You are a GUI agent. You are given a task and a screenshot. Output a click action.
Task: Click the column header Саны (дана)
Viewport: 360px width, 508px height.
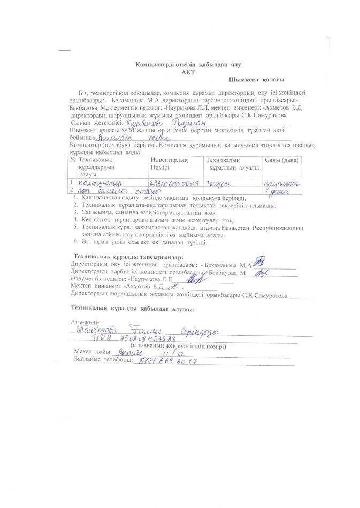point(282,160)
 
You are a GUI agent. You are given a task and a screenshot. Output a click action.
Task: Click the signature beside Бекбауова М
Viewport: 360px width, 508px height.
point(262,272)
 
